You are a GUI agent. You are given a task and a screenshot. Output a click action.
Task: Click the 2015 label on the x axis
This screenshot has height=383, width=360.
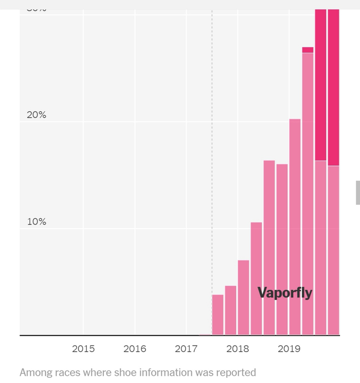click(x=83, y=349)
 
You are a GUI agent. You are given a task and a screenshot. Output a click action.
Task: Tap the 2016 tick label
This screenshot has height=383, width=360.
click(x=135, y=349)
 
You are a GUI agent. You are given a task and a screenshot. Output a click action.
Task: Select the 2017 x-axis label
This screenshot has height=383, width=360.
click(x=186, y=349)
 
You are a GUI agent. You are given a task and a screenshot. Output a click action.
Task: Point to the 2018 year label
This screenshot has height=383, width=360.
click(x=238, y=349)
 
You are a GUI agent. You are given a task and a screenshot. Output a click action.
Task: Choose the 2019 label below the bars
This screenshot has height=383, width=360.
click(x=289, y=349)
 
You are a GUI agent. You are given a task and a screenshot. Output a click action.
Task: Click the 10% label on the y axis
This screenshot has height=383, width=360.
click(x=37, y=222)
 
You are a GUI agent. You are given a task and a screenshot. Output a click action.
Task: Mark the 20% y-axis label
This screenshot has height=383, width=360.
click(x=37, y=115)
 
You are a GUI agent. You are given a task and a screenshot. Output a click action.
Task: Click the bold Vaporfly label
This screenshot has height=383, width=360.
click(x=284, y=293)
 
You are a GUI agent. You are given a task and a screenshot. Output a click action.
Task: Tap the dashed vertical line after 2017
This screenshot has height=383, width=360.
click(x=212, y=154)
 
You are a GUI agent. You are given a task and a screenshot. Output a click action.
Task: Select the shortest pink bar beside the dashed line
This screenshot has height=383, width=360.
click(x=218, y=315)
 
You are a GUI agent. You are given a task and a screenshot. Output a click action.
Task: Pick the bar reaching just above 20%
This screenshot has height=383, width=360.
click(x=295, y=227)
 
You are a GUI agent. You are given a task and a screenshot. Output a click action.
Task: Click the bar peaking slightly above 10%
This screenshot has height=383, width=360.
click(x=256, y=278)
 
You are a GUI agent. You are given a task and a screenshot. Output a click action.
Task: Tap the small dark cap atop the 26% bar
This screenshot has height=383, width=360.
click(x=308, y=50)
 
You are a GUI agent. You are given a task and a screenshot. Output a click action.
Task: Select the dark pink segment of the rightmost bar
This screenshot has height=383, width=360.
click(x=333, y=88)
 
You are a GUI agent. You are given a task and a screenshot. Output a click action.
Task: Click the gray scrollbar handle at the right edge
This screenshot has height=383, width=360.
click(x=357, y=192)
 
